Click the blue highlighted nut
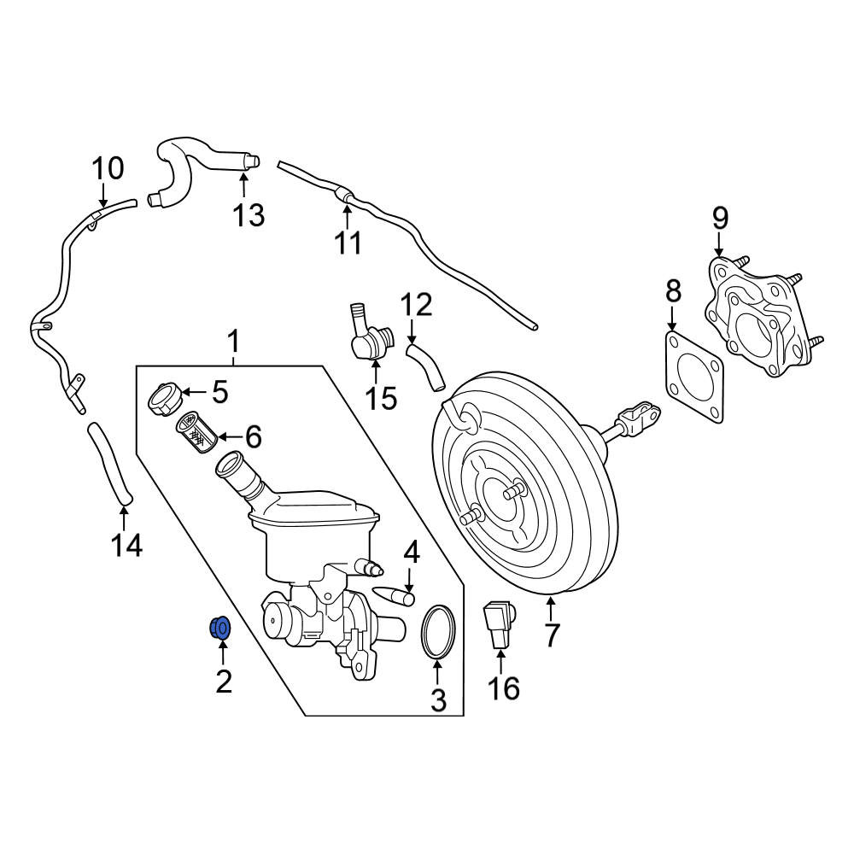[220, 629]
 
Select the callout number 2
[224, 681]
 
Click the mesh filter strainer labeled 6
[196, 433]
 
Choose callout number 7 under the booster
[552, 635]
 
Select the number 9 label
[720, 219]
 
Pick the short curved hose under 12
[425, 366]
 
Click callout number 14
[127, 545]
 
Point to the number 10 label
[108, 168]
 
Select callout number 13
[249, 214]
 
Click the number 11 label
[348, 243]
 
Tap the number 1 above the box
[233, 342]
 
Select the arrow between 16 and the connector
[500, 662]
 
